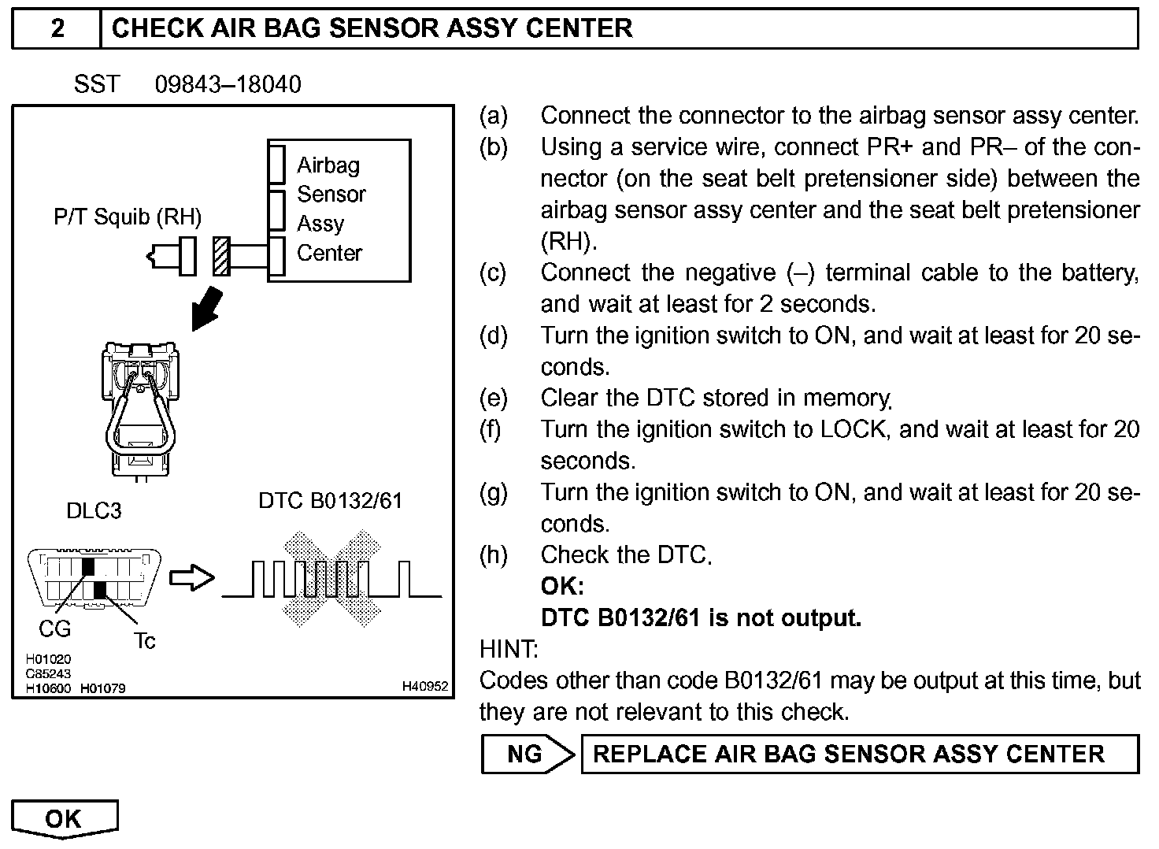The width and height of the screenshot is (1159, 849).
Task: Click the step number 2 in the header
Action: point(57,29)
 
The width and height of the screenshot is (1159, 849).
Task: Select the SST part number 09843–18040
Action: point(228,84)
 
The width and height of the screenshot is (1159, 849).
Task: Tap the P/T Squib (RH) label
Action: point(128,217)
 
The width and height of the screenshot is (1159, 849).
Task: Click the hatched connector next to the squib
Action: point(222,256)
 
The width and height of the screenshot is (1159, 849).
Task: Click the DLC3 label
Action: point(94,511)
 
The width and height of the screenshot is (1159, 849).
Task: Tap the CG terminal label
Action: point(54,628)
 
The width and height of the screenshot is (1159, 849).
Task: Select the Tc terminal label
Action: point(144,641)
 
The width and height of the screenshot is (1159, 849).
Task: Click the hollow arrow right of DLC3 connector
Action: point(192,578)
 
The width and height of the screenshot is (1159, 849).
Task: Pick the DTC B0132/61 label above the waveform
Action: point(330,501)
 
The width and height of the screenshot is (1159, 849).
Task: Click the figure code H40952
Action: point(424,687)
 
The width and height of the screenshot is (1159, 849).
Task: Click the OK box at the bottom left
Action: point(64,818)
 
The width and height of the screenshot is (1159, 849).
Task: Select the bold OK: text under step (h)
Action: point(562,587)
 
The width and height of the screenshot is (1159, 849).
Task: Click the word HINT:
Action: point(509,650)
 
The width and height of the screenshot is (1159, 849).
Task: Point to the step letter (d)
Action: point(494,336)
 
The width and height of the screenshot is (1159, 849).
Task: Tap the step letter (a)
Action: point(494,116)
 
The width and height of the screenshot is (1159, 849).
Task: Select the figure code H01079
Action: point(102,688)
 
